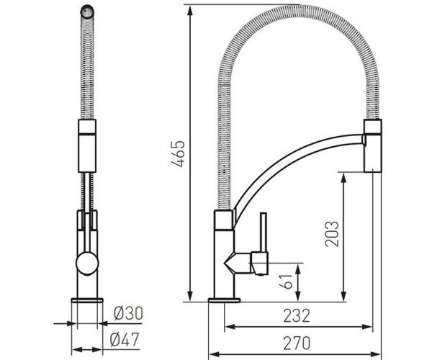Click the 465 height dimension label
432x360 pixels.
coord(177,153)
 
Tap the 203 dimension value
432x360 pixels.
coord(331,233)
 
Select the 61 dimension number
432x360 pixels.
coord(287,282)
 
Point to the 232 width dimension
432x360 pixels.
coord(297,316)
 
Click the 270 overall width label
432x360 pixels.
coord(297,343)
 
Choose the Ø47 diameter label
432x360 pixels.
coord(125,340)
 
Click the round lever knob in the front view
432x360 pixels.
coord(87,262)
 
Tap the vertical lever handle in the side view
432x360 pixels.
coord(264,233)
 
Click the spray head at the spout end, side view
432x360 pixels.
coord(373,146)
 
